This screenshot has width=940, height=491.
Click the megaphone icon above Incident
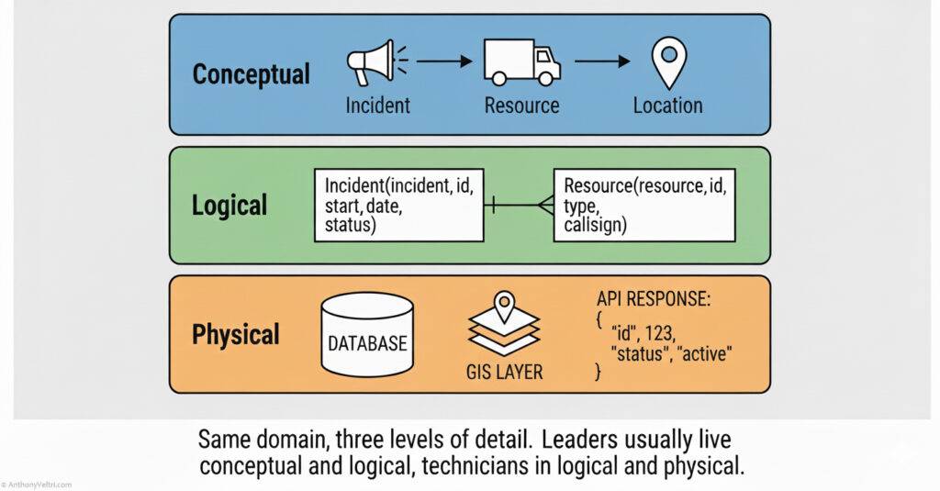click(371, 62)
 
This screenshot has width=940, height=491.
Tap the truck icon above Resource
click(521, 63)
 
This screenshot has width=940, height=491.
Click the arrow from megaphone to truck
click(446, 62)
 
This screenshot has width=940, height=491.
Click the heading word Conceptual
click(251, 73)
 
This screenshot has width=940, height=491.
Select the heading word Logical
click(229, 205)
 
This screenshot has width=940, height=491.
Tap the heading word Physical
click(235, 334)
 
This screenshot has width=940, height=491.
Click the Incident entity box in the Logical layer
click(398, 205)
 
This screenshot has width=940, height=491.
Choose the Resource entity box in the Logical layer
click(645, 205)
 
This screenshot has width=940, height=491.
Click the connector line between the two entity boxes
click(519, 205)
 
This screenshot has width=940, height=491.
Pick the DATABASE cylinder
click(367, 337)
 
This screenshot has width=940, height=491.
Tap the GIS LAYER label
click(503, 372)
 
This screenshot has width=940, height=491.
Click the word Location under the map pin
click(667, 106)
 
